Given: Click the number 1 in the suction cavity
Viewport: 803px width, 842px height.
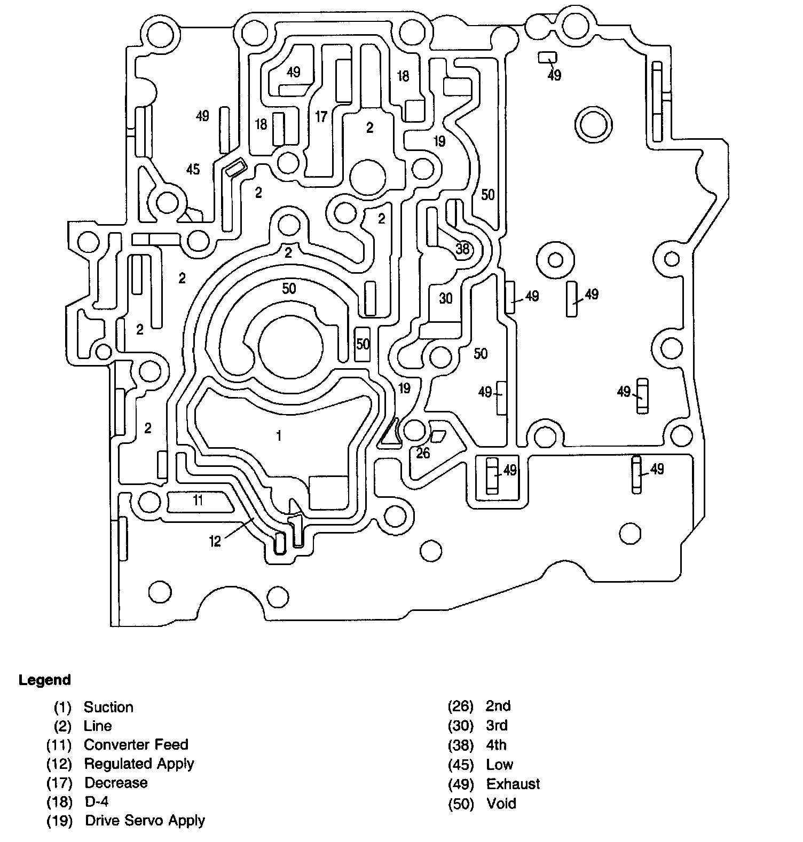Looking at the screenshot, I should (279, 436).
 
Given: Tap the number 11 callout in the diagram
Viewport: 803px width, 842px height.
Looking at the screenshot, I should (198, 500).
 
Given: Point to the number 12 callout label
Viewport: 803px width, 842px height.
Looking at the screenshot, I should (215, 542).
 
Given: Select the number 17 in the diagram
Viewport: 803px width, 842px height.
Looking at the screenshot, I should (321, 116).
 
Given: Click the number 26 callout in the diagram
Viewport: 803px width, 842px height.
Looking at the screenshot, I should (423, 453).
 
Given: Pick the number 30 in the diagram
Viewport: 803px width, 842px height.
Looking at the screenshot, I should (446, 298).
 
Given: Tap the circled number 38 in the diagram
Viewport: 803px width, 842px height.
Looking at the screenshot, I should (462, 249).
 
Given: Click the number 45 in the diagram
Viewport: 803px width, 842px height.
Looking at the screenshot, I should (193, 169).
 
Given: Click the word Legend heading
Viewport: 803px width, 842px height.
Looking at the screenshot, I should (45, 680).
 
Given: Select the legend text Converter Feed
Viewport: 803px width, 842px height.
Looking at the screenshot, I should (136, 744).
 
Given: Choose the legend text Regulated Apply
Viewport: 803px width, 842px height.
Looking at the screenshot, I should (139, 764).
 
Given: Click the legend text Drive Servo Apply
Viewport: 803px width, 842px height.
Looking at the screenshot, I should (145, 821).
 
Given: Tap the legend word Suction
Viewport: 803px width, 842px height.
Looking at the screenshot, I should (108, 707).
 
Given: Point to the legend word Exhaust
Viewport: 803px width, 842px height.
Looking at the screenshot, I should (513, 784).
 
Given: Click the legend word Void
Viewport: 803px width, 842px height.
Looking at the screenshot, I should (501, 803).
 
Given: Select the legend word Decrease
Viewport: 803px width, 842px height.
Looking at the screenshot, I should (116, 783).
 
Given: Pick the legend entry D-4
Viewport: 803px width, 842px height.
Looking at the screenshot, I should (97, 801).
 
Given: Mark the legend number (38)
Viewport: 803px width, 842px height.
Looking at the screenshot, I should (461, 745).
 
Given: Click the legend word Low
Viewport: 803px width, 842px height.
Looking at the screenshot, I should (499, 765).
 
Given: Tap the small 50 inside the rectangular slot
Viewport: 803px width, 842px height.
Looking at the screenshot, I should (363, 344).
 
